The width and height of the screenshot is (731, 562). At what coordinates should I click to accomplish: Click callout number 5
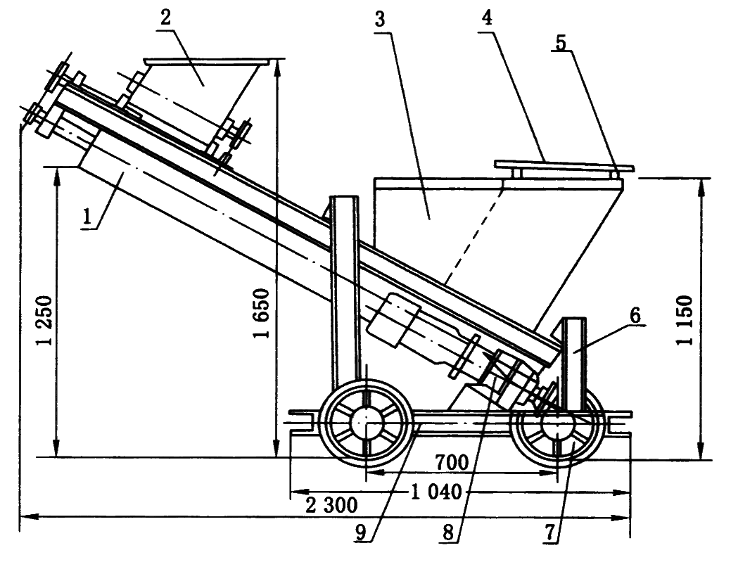point(560,43)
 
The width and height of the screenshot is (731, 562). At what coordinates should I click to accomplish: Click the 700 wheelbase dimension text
point(452,462)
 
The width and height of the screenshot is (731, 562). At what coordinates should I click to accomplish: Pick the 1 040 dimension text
point(434,492)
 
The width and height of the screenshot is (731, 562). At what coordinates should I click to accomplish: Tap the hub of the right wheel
point(556,423)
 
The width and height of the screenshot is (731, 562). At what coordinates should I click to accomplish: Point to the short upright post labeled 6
point(576,362)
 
